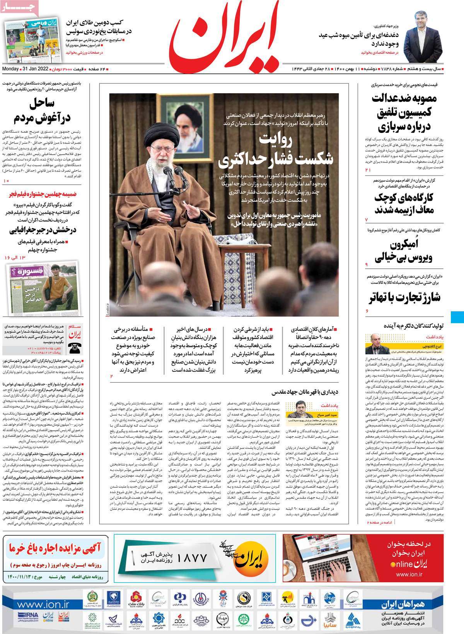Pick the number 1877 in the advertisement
[192, 557]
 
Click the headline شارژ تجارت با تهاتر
[405, 298]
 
